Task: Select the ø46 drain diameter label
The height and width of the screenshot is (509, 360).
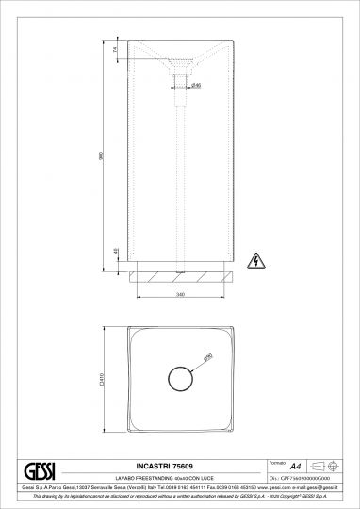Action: [197, 86]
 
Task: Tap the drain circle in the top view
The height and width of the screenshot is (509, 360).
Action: [179, 379]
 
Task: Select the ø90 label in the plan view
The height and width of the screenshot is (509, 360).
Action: [208, 356]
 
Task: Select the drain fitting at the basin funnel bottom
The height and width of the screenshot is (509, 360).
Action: [179, 90]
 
